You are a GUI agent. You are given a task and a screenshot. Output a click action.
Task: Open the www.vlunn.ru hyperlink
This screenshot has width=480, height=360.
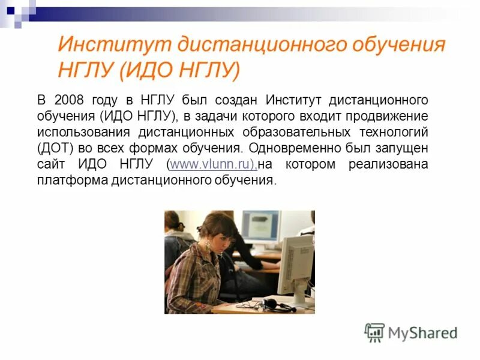click(212, 164)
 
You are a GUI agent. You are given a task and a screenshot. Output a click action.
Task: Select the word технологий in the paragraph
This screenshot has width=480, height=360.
click(397, 131)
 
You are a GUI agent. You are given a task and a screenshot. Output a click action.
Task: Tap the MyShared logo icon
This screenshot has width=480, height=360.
click(374, 332)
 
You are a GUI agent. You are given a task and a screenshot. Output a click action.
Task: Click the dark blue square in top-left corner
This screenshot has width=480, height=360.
click(10, 10)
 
